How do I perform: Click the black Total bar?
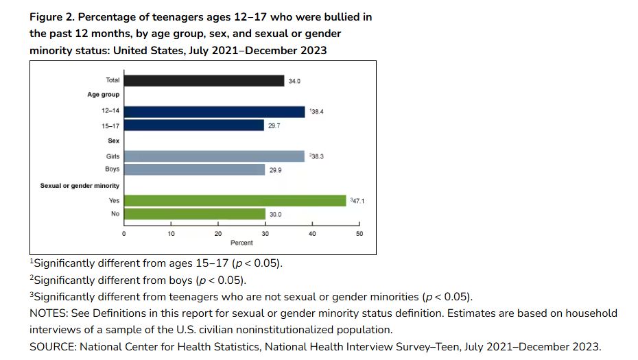pos(204,81)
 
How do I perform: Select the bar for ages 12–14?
pos(214,112)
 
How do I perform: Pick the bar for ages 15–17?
pos(193,125)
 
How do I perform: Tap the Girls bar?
pos(214,156)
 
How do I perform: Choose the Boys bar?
pos(194,169)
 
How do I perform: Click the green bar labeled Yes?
pos(235,200)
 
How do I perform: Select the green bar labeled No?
pos(194,214)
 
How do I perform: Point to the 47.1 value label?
pos(357,200)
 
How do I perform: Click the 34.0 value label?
pos(294,81)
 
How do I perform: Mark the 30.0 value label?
pos(275,214)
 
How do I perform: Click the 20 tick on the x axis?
pos(218,234)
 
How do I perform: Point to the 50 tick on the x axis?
pos(359,234)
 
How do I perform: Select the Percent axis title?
pos(241,243)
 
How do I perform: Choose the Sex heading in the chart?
pos(113,141)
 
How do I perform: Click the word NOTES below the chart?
pos(47,313)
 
